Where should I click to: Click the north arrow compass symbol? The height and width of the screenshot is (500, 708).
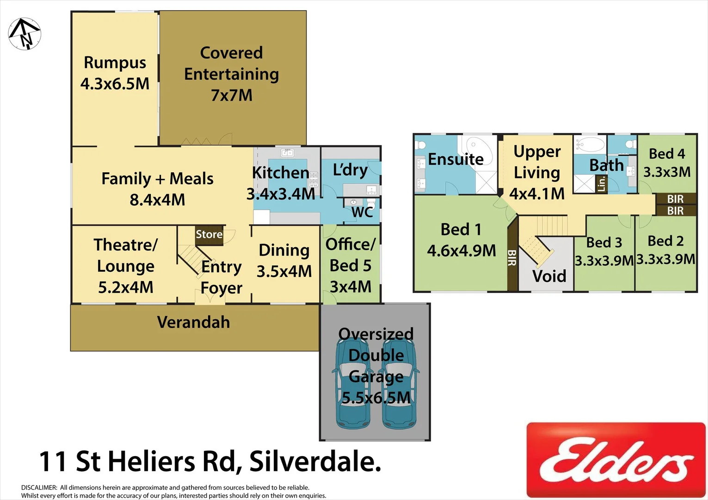point(25,34)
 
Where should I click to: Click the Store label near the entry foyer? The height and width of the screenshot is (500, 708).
point(209,234)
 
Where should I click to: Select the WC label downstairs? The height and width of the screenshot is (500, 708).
point(362,212)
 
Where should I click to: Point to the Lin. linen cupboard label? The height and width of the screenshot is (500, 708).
point(601,184)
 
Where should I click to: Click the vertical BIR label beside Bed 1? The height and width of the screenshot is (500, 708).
point(512,258)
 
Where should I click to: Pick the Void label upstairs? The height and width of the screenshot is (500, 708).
point(549,276)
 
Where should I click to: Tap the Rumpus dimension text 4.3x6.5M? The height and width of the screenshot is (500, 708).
point(115,84)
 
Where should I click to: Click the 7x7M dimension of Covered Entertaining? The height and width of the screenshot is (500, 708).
point(232,95)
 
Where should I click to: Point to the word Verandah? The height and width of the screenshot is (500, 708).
point(193,322)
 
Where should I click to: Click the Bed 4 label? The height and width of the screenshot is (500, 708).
point(667,154)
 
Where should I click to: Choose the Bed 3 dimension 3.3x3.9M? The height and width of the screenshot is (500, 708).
point(604,261)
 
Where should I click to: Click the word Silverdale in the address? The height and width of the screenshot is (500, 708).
point(315,462)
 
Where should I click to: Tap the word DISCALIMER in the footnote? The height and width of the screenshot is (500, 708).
point(39,487)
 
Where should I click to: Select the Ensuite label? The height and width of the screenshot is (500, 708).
point(456,159)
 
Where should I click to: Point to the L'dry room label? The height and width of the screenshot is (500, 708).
point(350,170)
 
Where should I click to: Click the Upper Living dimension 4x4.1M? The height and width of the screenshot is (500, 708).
point(537,194)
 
